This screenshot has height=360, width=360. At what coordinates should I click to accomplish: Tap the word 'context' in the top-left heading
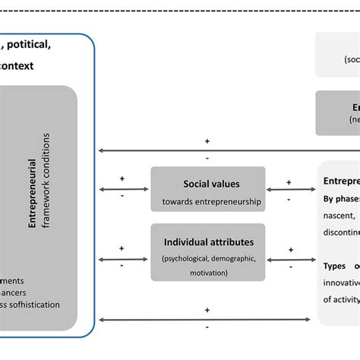point(17,66)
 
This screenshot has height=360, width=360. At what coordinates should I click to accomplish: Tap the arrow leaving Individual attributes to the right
point(290,257)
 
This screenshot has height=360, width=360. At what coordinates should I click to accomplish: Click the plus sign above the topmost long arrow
point(207,141)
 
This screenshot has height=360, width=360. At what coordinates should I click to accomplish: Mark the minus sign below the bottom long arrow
point(207,327)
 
